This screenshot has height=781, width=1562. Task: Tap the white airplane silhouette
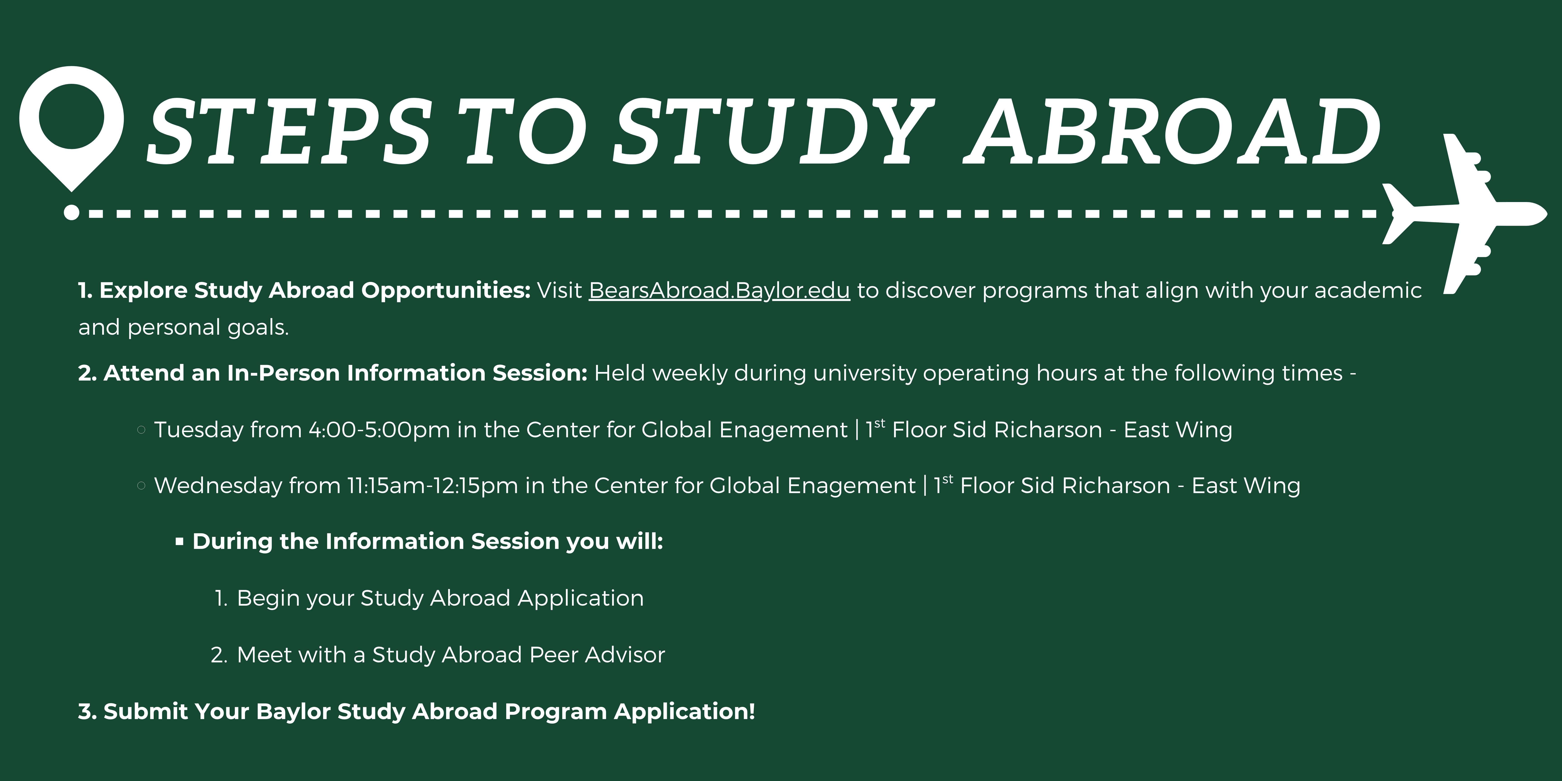coord(1467,213)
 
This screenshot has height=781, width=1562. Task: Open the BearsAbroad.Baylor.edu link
coord(719,290)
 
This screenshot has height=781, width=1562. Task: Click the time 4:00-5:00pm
coord(380,430)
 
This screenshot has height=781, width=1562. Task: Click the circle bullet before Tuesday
coord(141,430)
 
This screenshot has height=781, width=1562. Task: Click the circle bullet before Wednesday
coord(141,486)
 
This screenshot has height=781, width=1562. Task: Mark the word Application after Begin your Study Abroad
coord(580,598)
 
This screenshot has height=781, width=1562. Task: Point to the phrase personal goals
coord(208,327)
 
